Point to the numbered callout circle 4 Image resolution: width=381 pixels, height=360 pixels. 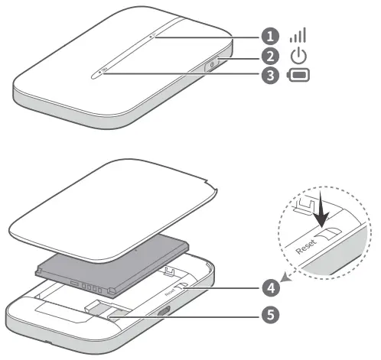(269, 287)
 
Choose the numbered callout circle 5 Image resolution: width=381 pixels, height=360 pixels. (269, 313)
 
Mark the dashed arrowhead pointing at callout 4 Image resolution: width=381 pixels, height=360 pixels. (285, 281)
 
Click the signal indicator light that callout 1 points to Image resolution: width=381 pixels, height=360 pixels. (153, 34)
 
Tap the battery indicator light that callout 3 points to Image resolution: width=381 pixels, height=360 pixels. (103, 73)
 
